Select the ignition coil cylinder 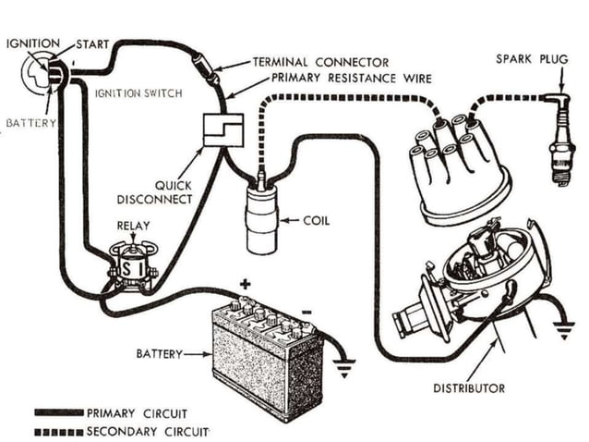261,219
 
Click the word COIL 317,221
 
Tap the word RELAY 133,225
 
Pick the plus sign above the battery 246,284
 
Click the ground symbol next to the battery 343,368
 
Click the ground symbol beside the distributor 562,329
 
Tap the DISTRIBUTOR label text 469,388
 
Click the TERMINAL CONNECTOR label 320,63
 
